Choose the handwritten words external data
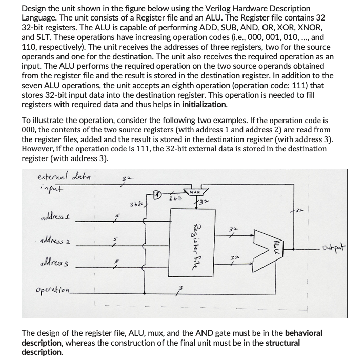tap(65, 176)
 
